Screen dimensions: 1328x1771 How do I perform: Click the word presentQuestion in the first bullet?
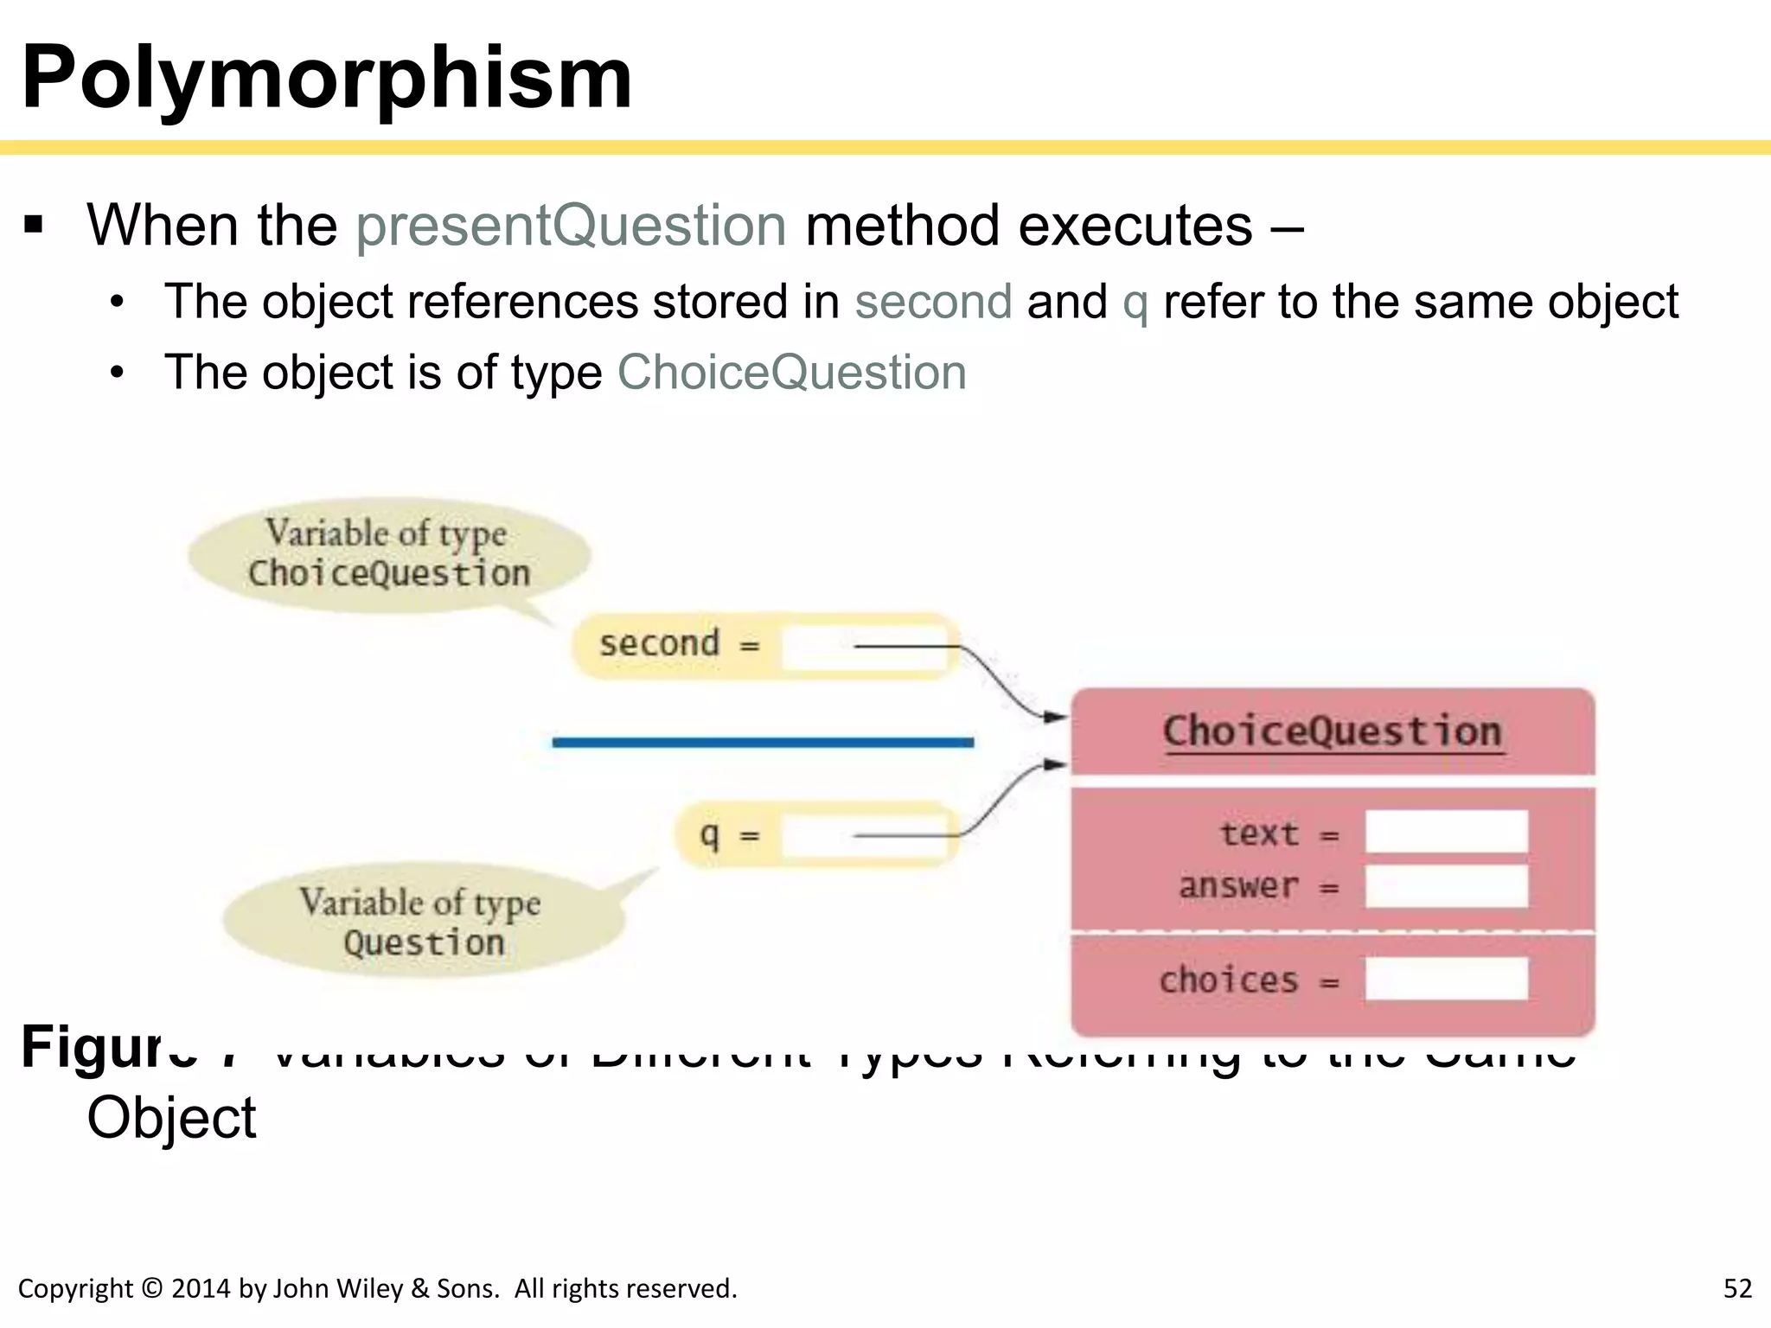571,227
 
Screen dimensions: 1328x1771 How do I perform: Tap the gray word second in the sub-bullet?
933,303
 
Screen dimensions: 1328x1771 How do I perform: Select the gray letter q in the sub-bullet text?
1135,304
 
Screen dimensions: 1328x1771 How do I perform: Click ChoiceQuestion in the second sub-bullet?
791,373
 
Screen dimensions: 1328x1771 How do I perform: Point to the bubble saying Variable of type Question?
423,922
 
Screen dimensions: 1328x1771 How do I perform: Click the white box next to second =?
865,647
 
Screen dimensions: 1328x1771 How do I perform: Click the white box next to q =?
865,836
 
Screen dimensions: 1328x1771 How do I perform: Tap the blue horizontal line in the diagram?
763,743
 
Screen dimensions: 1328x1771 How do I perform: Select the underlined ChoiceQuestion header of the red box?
1332,732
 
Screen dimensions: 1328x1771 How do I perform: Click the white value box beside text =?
1446,833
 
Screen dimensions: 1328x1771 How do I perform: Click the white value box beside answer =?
1446,886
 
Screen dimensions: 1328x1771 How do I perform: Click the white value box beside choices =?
1446,980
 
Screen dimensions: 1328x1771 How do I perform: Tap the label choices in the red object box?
1228,980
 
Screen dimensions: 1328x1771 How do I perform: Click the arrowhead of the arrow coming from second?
1056,717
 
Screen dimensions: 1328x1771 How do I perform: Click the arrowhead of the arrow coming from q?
1056,764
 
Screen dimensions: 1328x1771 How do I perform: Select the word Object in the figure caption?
171,1119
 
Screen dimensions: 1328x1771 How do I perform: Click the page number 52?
1737,1289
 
